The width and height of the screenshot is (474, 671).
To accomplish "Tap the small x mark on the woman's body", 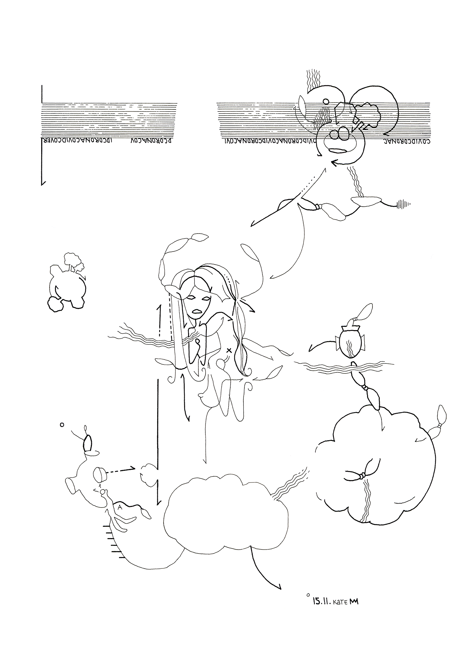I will (229, 351).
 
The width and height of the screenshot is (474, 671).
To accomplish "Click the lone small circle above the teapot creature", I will (62, 425).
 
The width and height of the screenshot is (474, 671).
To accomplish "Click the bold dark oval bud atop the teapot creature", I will (87, 444).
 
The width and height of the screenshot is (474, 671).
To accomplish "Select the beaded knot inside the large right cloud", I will (362, 476).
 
